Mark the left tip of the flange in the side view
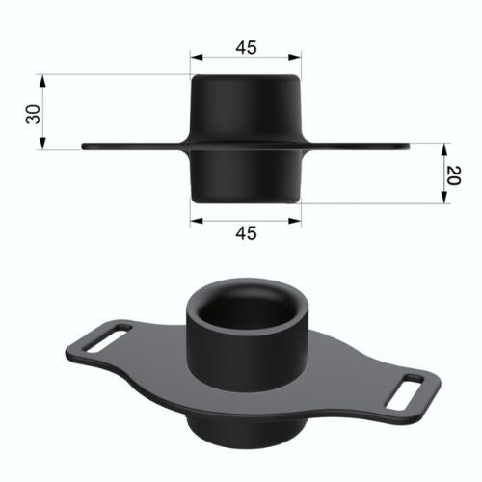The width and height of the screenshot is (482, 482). click(x=85, y=147)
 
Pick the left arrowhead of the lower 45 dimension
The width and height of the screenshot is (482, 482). click(x=194, y=219)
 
